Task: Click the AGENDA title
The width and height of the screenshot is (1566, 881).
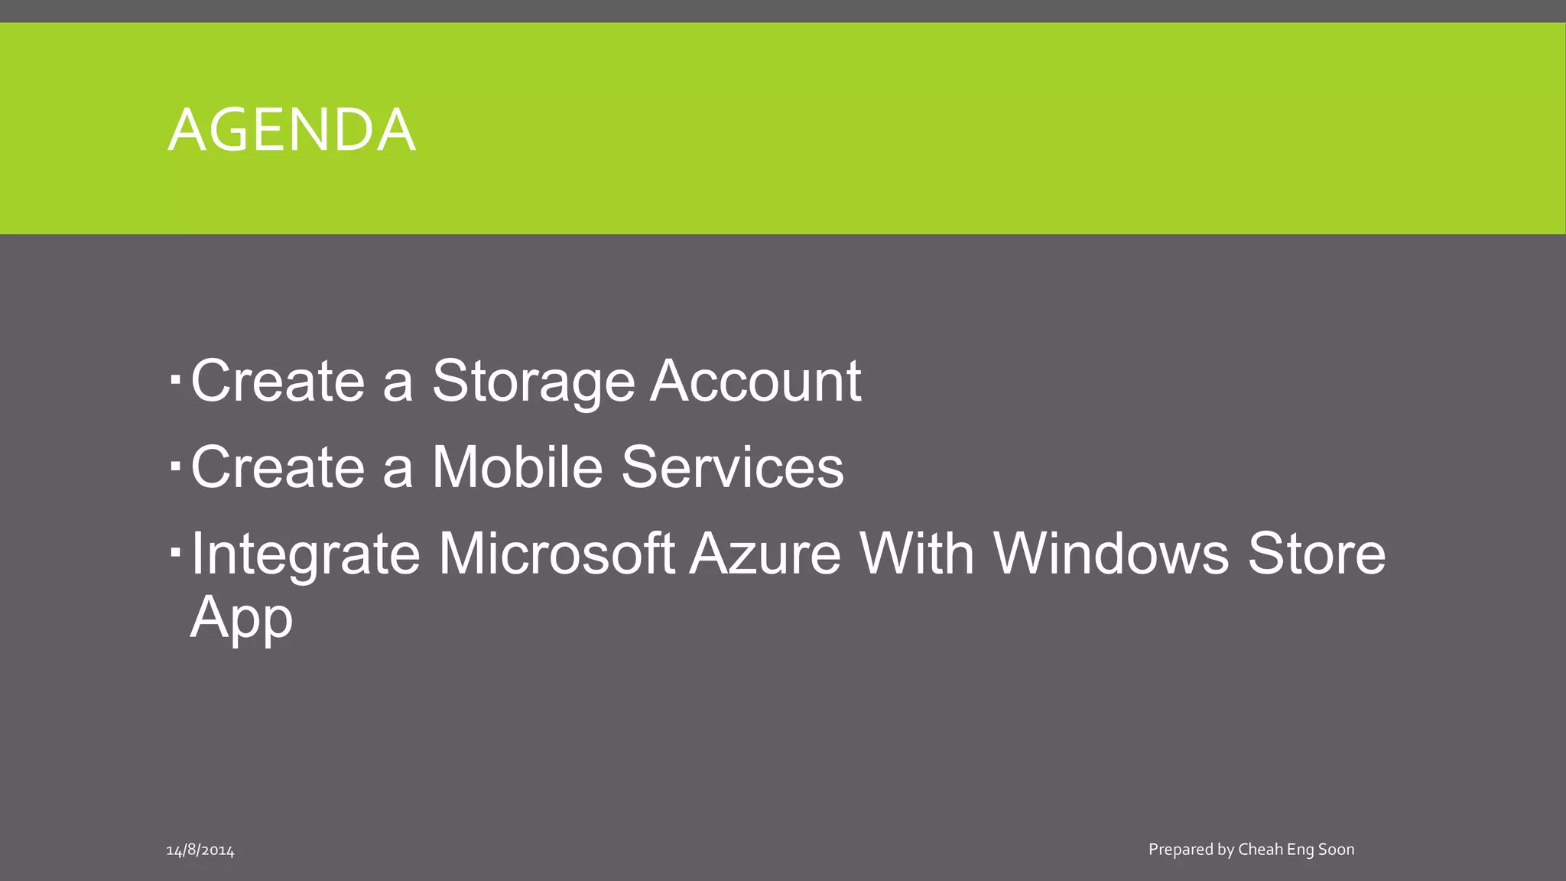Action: (291, 130)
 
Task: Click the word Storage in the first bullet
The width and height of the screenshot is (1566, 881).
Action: (533, 381)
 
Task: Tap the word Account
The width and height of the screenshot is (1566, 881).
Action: (755, 381)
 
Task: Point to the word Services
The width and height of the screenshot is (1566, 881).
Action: (732, 467)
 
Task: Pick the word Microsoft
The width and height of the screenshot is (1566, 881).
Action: (557, 554)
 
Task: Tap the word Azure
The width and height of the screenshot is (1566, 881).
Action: (765, 554)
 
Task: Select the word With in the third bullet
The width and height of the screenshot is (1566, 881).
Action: (917, 554)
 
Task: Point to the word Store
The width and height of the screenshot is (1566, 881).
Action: (1317, 554)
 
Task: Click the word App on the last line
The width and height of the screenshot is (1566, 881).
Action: (242, 618)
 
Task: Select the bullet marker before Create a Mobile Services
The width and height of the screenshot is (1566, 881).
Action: (175, 464)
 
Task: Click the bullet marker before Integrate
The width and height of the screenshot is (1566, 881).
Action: (175, 551)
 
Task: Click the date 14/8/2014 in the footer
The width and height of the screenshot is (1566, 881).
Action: (200, 850)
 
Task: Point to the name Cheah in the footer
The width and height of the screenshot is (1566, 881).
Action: (1260, 849)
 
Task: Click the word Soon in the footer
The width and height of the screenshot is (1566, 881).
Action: (1336, 849)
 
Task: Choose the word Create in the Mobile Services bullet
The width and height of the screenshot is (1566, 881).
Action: (278, 467)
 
